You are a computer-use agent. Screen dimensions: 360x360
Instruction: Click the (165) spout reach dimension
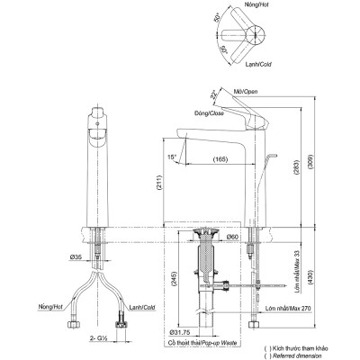tap(219, 159)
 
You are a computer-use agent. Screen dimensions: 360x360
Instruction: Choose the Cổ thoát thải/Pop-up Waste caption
tap(202, 343)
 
